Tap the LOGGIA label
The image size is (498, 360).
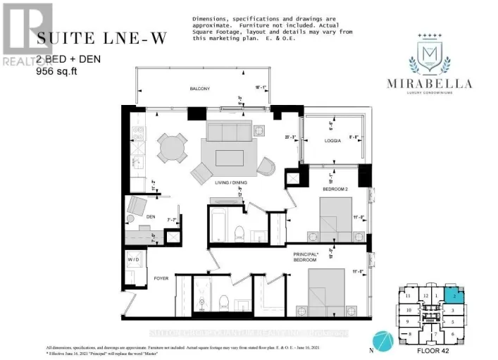click(x=333, y=141)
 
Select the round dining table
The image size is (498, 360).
click(x=173, y=148)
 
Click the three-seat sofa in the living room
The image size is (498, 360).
click(x=224, y=131)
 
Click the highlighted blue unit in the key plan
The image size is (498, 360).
click(x=454, y=297)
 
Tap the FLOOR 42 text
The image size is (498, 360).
click(x=438, y=349)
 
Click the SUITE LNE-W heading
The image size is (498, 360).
click(x=102, y=39)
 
